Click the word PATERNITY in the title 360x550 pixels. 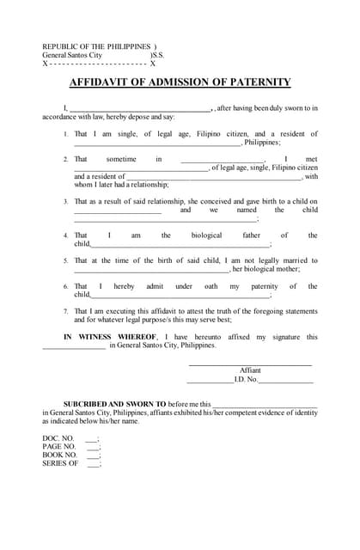[x=255, y=82]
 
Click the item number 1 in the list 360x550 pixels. [x=66, y=135]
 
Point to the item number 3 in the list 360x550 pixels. [x=66, y=201]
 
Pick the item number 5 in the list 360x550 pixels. [x=66, y=260]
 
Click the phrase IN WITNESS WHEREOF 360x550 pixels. [x=111, y=337]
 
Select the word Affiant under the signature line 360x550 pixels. [x=250, y=370]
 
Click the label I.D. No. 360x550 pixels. [x=245, y=379]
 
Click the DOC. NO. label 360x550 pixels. [x=59, y=438]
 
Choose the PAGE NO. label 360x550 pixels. [x=59, y=447]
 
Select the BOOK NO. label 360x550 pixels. [x=59, y=455]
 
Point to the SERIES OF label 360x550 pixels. [x=60, y=464]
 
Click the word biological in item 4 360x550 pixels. [x=206, y=235]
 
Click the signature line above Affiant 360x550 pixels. [x=250, y=364]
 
